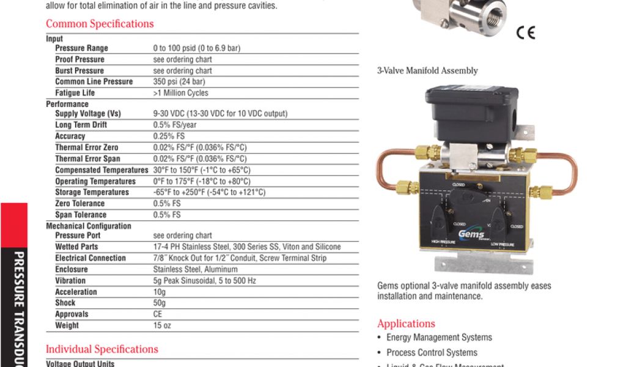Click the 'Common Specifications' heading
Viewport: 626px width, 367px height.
tap(100, 24)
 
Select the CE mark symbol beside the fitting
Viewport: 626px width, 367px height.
tap(525, 33)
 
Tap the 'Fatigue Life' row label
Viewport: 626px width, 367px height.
tap(75, 93)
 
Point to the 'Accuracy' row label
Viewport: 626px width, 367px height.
tap(70, 136)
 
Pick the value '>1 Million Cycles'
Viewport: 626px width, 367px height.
tap(180, 93)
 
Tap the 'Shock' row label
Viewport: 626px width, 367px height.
tap(65, 303)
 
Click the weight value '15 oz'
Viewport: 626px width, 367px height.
tap(158, 325)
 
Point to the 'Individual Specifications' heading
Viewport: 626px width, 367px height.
tap(102, 349)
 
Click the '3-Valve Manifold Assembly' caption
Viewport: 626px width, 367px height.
tap(427, 71)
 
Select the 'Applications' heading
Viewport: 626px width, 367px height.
tap(406, 324)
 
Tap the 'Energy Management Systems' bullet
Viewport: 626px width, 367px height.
tap(439, 338)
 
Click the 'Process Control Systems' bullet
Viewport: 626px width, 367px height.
tap(432, 353)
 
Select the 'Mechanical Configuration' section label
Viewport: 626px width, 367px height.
tap(89, 226)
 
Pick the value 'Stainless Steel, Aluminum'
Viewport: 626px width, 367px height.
tap(192, 269)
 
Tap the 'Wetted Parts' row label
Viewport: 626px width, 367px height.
tap(76, 247)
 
